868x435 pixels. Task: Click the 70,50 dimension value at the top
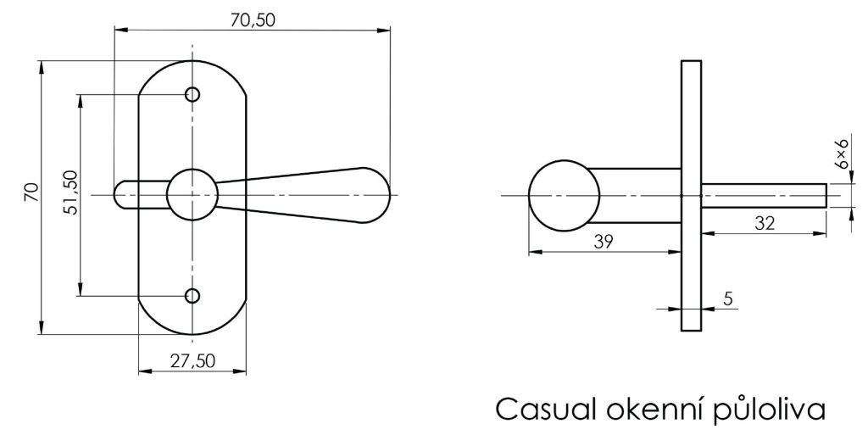pyautogui.click(x=252, y=20)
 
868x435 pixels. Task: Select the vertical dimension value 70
pyautogui.click(x=31, y=192)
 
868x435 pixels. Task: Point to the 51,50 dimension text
pyautogui.click(x=70, y=192)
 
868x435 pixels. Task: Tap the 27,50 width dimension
pyautogui.click(x=192, y=361)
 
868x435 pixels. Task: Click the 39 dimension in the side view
pyautogui.click(x=603, y=242)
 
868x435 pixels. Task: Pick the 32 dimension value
pyautogui.click(x=765, y=223)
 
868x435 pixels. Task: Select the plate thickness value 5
pyautogui.click(x=728, y=298)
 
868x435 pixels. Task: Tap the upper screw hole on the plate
pyautogui.click(x=192, y=95)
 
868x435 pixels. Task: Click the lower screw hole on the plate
pyautogui.click(x=192, y=296)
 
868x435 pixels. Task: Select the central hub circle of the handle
pyautogui.click(x=192, y=195)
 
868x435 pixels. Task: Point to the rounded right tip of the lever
pyautogui.click(x=387, y=195)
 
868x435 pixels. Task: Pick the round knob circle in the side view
pyautogui.click(x=564, y=196)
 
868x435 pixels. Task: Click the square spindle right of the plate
pyautogui.click(x=764, y=195)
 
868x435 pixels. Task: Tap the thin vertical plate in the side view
pyautogui.click(x=691, y=195)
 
